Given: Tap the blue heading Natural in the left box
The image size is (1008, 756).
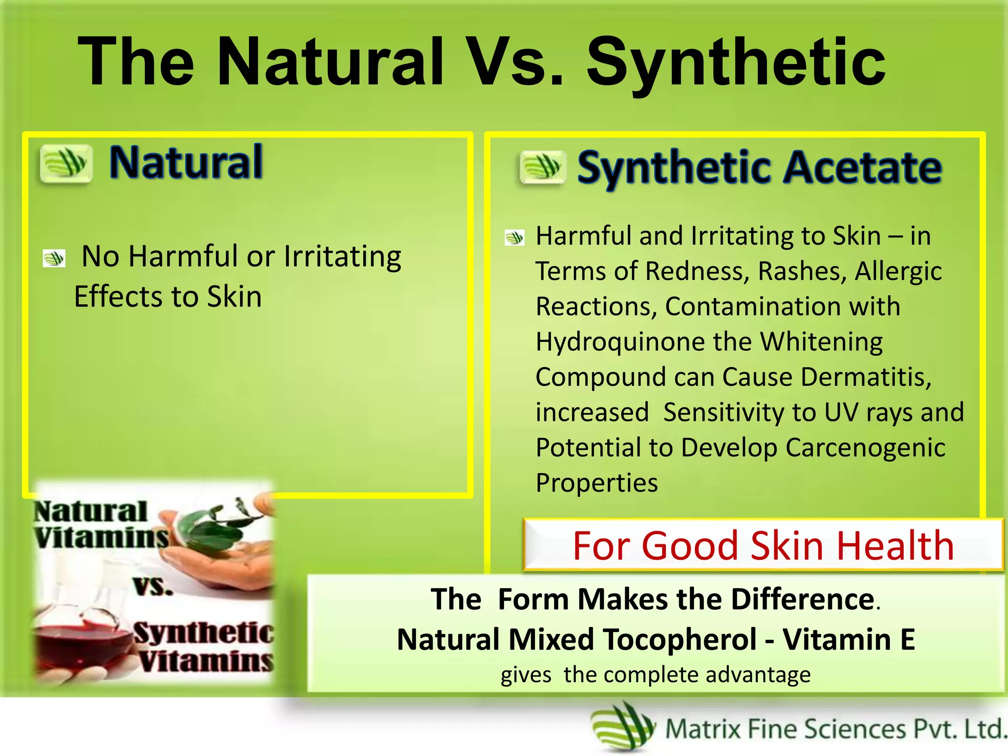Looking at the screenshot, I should coord(186,162).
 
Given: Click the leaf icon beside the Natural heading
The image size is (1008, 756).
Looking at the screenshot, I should coord(66,163).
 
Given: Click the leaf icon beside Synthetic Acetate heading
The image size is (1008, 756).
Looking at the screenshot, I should coord(542,167).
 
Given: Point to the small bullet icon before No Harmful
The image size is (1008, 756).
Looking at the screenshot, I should coord(54,258).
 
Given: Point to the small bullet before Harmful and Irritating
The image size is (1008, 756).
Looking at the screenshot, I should coord(515,238).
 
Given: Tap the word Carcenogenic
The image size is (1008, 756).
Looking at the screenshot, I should coord(865,448).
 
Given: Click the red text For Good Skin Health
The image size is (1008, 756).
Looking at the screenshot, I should coord(763,545).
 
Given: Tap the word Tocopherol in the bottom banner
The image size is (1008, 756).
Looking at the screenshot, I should coord(680,639).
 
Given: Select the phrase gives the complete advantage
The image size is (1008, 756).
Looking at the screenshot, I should coord(655,675).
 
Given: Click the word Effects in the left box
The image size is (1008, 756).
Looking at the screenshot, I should coord(111,297).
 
